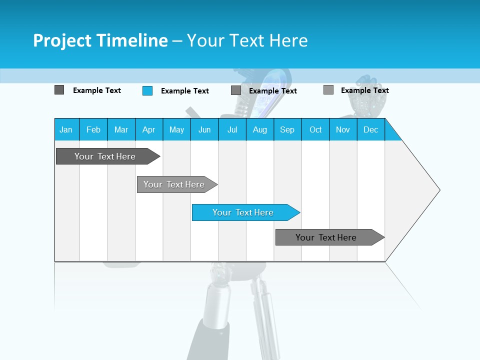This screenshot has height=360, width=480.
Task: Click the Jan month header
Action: point(66,129)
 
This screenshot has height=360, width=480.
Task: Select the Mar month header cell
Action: point(121,129)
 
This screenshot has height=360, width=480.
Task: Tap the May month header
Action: point(176,129)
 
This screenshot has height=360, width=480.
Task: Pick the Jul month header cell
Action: point(232,129)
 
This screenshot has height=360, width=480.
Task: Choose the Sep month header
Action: point(287,129)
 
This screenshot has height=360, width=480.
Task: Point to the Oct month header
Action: point(315,129)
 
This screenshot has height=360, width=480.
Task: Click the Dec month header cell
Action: point(370,129)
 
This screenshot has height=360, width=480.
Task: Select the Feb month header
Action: point(93,129)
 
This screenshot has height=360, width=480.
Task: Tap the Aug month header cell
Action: point(259,129)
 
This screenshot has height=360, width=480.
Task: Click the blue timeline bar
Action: point(243,212)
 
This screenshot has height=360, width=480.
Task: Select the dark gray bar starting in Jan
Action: point(105,156)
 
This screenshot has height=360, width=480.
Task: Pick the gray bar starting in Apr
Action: point(174,184)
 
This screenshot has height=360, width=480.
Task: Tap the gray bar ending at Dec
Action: point(326,237)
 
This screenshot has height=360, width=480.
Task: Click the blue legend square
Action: point(147,90)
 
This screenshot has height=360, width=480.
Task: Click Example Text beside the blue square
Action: point(184,91)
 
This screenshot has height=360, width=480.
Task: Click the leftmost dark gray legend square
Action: point(59,90)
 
